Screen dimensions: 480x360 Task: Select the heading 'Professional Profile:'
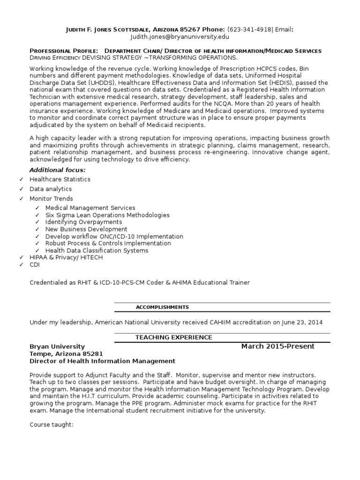pyautogui.click(x=64, y=51)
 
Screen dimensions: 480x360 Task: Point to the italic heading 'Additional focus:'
pyautogui.click(x=58, y=170)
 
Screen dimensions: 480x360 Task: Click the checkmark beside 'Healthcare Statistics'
pyautogui.click(x=22, y=180)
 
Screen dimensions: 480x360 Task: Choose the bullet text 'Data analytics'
pyautogui.click(x=51, y=189)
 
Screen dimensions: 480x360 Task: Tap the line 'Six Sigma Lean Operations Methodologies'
pyautogui.click(x=107, y=215)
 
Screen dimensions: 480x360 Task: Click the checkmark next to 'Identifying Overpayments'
pyautogui.click(x=37, y=222)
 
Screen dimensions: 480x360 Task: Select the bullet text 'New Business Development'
pyautogui.click(x=86, y=229)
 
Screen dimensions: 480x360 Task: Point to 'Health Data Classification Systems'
pyautogui.click(x=97, y=250)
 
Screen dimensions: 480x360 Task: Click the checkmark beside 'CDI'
pyautogui.click(x=22, y=265)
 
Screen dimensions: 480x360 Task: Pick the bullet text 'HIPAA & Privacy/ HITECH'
pyautogui.click(x=66, y=257)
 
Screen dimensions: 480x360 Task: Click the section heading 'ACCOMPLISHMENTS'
pyautogui.click(x=162, y=307)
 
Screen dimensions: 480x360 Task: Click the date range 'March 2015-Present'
pyautogui.click(x=278, y=346)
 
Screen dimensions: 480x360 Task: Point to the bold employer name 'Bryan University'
pyautogui.click(x=57, y=346)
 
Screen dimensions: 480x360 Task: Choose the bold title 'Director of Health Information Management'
pyautogui.click(x=102, y=361)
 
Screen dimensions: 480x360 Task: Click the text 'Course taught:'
pyautogui.click(x=52, y=425)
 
